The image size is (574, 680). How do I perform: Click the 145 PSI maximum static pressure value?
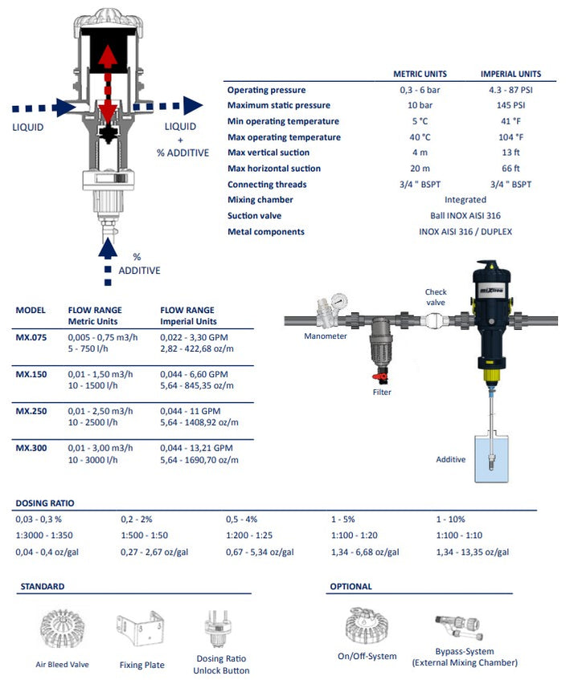(510, 105)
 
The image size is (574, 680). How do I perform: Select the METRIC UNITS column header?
(420, 74)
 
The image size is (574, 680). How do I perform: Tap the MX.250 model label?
(31, 411)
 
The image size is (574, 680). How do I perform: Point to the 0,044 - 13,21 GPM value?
(196, 447)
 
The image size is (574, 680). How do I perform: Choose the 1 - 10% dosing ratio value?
(450, 519)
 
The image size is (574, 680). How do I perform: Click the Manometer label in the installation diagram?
(326, 336)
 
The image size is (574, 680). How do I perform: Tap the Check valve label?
(436, 297)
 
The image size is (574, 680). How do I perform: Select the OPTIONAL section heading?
(351, 587)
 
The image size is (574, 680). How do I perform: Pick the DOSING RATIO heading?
(45, 503)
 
